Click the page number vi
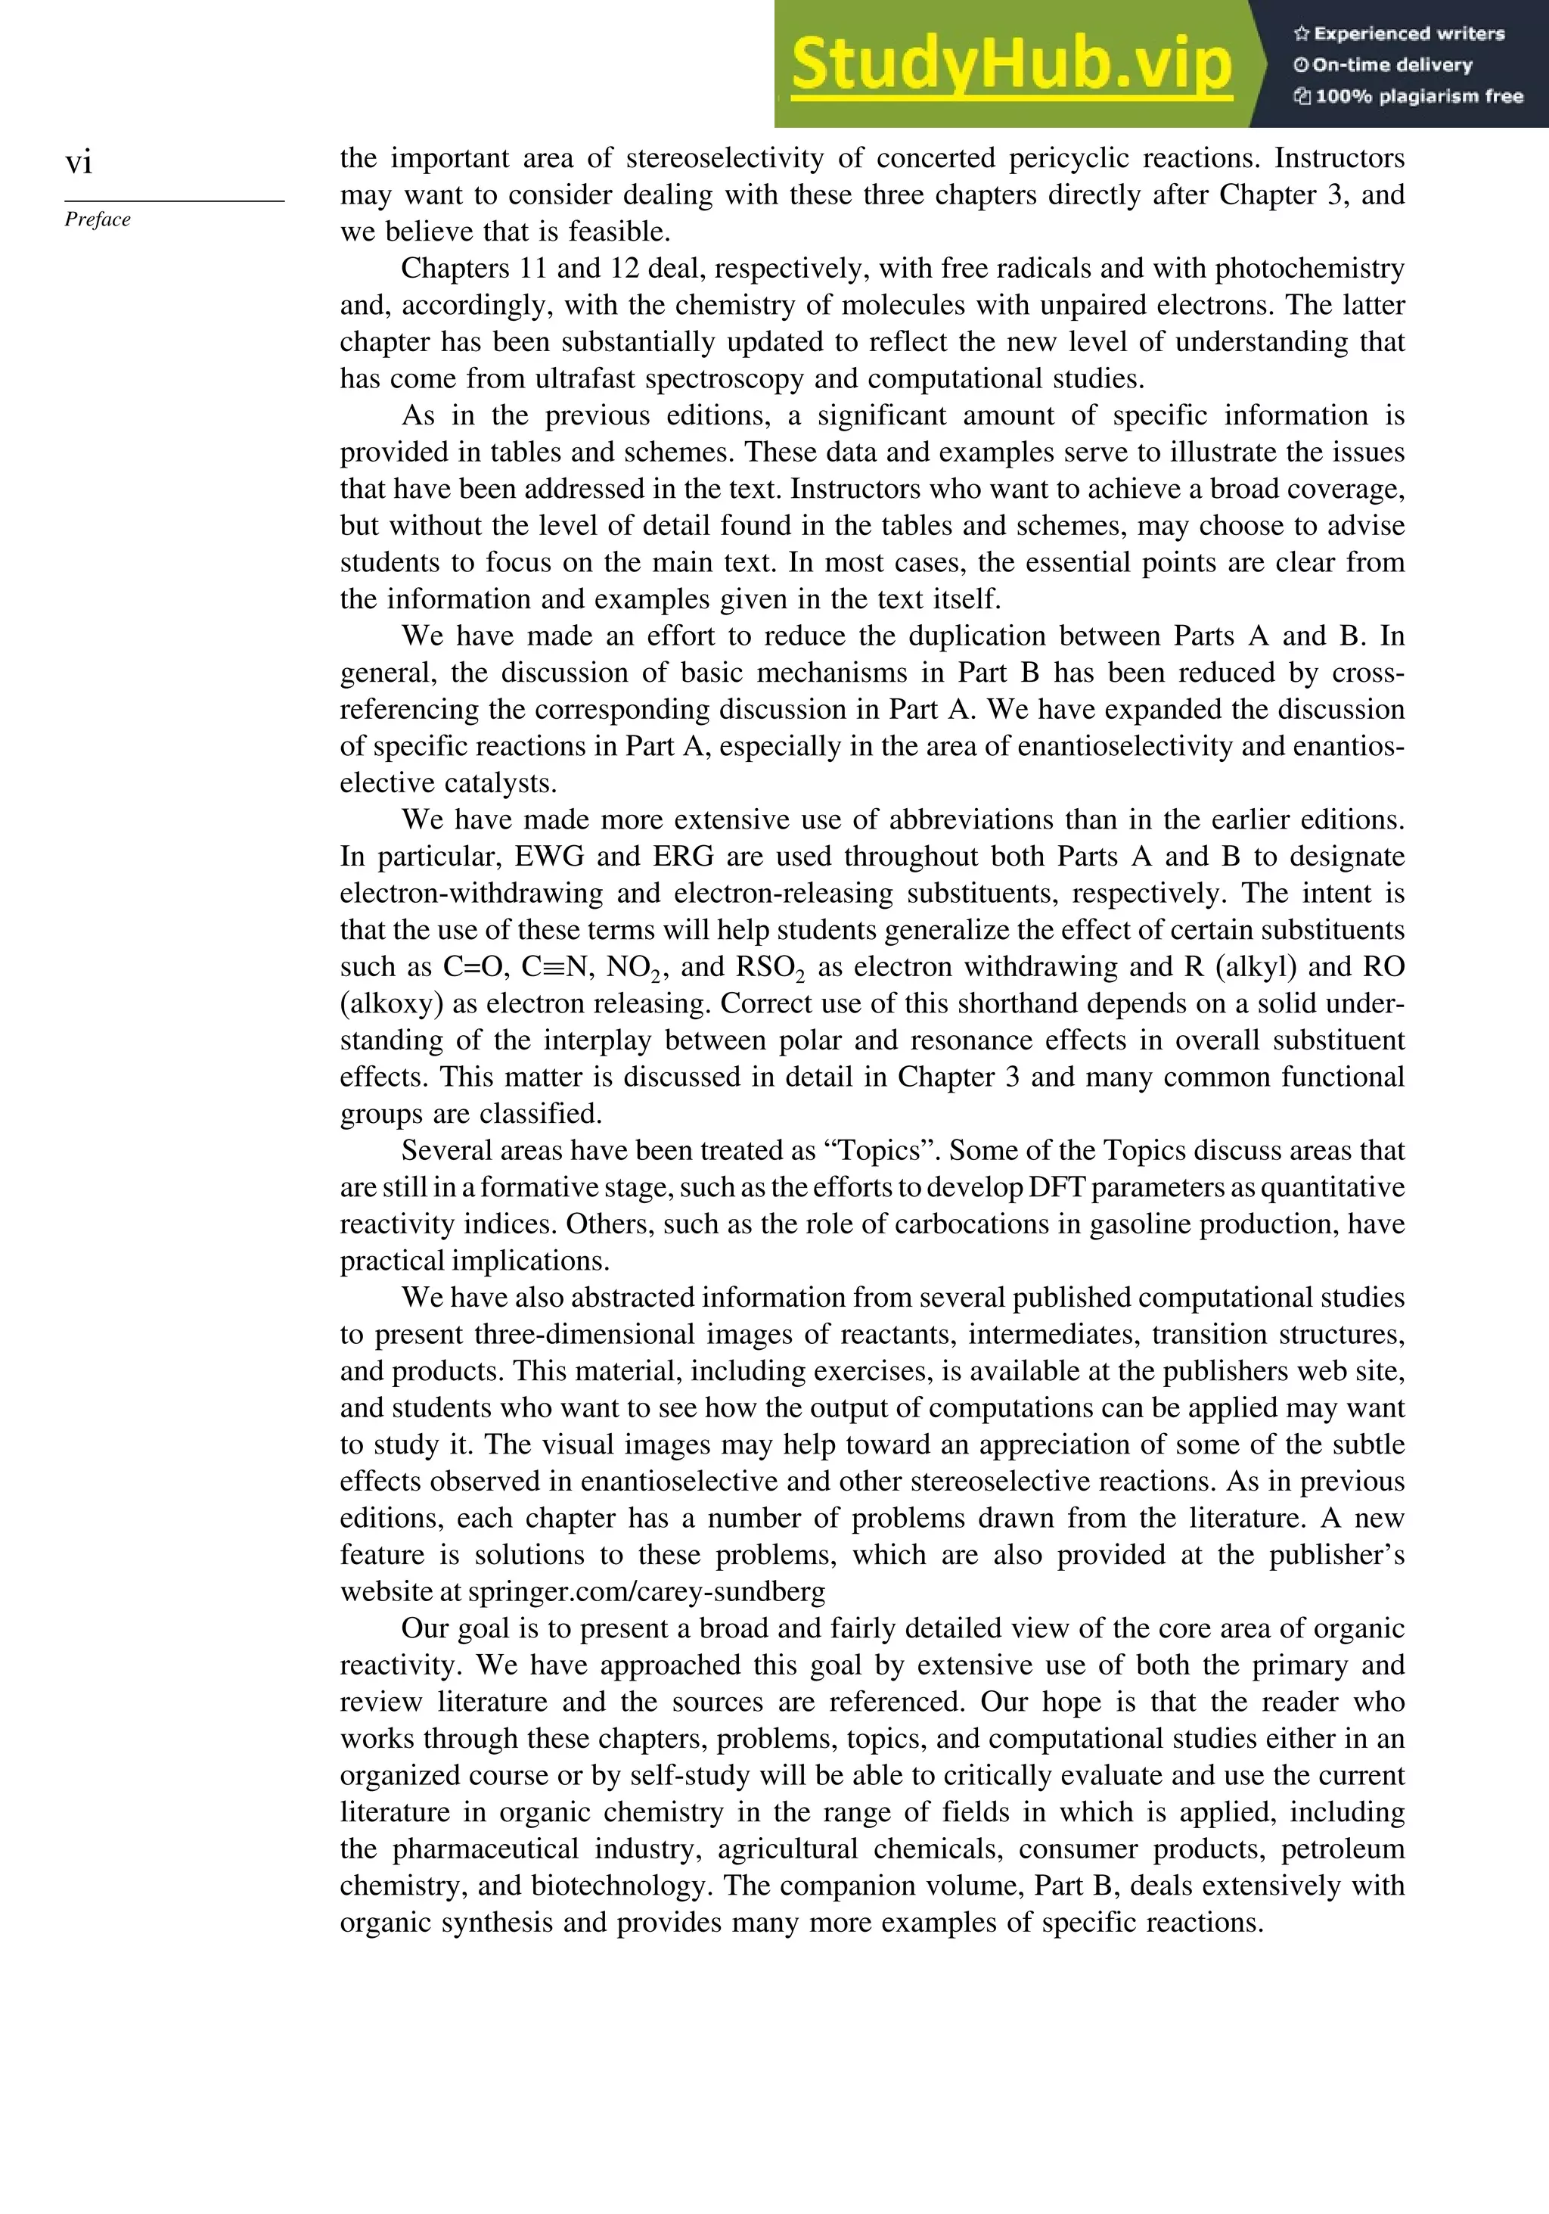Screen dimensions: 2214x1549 pyautogui.click(x=79, y=162)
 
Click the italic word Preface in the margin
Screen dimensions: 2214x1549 pyautogui.click(x=98, y=220)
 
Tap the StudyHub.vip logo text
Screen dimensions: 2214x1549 pyautogui.click(x=1011, y=66)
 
